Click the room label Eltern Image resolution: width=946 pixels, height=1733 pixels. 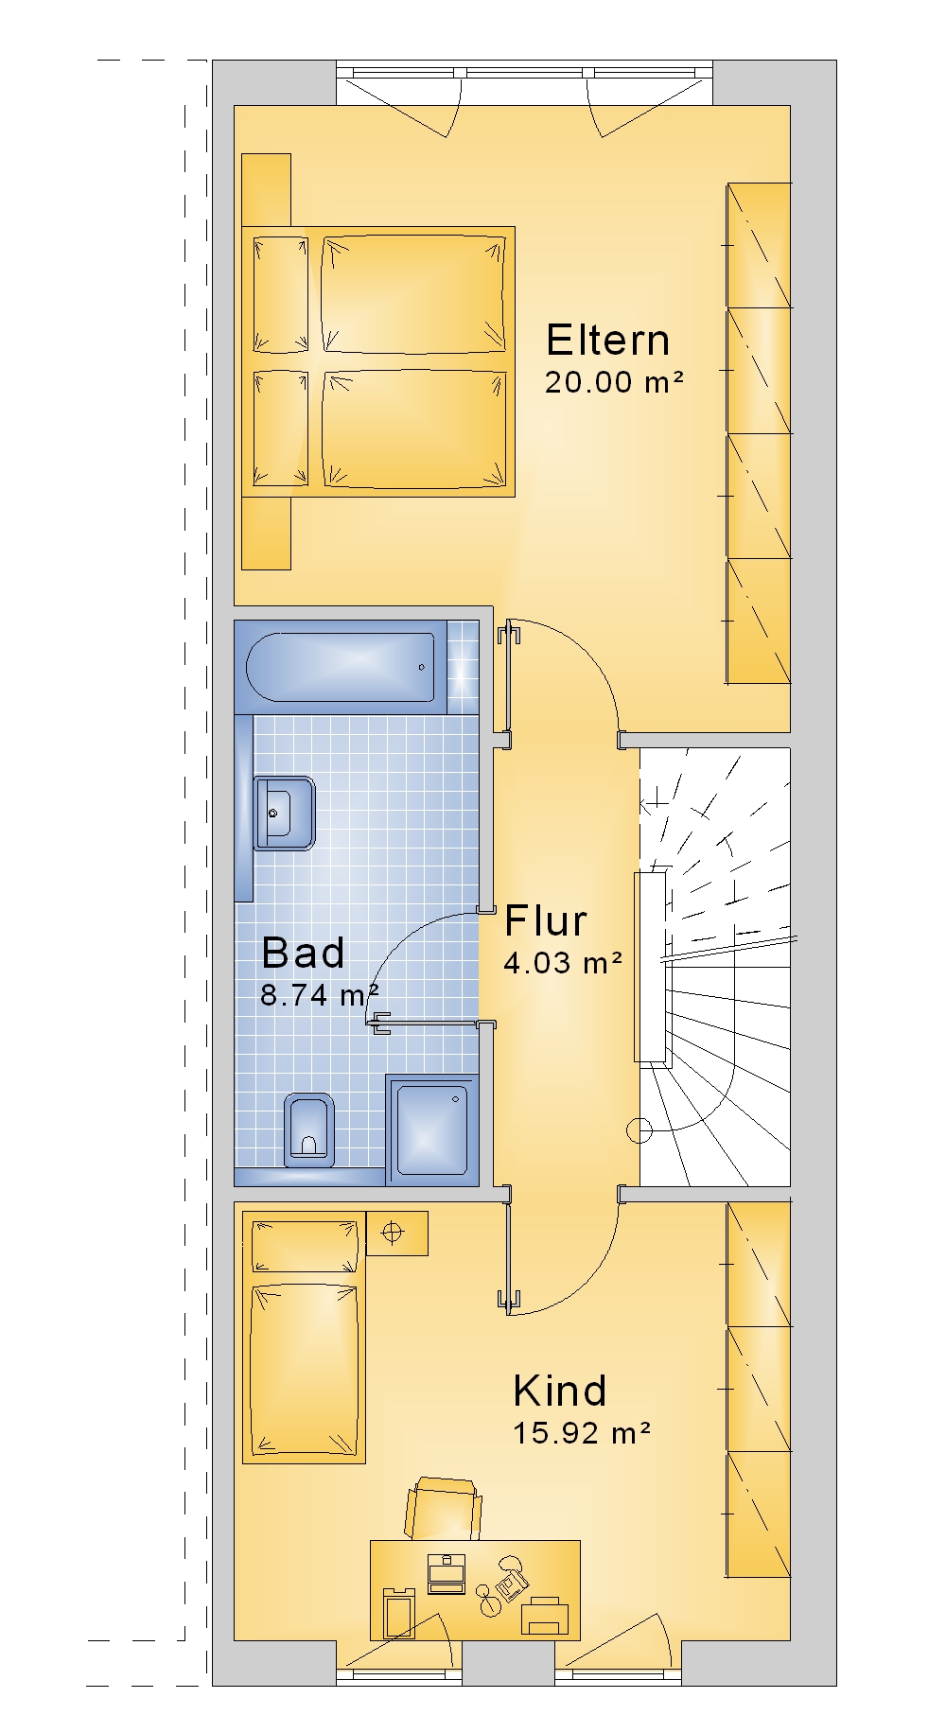(608, 340)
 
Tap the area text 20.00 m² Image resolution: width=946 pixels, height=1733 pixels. (614, 382)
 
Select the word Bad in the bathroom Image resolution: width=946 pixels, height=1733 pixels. (303, 953)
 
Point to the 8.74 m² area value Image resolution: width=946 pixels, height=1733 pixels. (320, 994)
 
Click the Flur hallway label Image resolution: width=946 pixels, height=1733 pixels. (546, 920)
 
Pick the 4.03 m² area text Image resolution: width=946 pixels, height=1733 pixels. (563, 963)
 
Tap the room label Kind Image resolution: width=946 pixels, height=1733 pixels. (560, 1391)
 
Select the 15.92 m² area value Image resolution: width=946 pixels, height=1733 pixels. (582, 1433)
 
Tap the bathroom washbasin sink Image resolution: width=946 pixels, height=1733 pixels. (283, 814)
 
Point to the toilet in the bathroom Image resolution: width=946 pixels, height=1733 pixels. (308, 1129)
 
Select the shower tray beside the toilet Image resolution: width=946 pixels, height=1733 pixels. (432, 1129)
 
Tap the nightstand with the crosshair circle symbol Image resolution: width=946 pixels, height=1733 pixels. (396, 1233)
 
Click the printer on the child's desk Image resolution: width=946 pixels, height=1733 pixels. (545, 1615)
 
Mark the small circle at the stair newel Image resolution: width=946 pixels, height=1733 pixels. (639, 1129)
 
